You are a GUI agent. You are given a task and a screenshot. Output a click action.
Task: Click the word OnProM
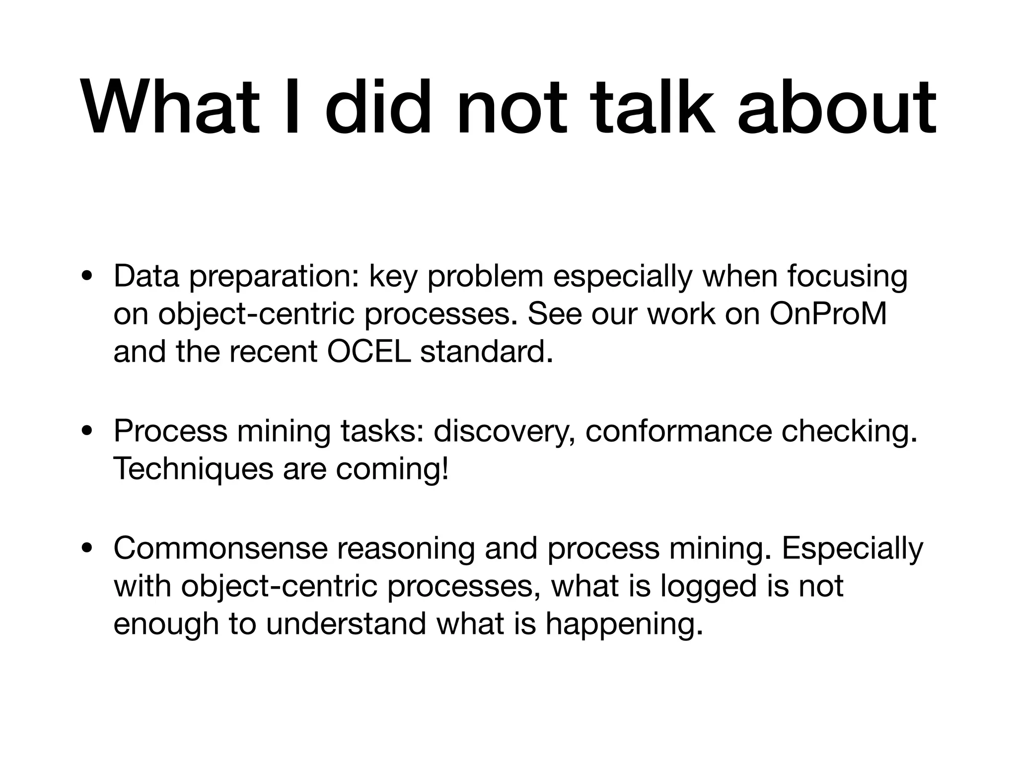[828, 314]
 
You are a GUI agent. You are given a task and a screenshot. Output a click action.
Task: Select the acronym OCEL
[368, 352]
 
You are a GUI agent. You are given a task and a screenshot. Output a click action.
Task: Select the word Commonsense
[220, 548]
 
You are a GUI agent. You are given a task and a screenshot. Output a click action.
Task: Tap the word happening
[624, 623]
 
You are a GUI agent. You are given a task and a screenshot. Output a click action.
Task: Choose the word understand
[346, 623]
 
